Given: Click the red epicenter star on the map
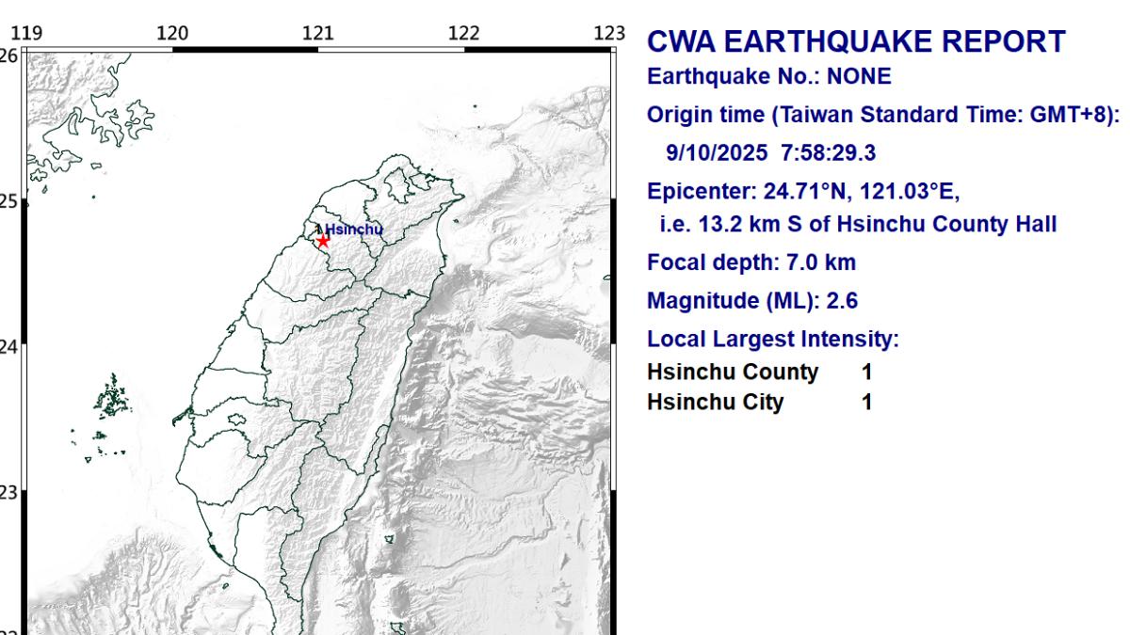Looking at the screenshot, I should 323,241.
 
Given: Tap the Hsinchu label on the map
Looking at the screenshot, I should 354,229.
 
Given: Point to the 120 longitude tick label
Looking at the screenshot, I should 172,34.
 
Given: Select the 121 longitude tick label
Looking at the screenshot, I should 318,34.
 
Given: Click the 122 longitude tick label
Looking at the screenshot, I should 464,34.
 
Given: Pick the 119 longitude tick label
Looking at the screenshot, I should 28,34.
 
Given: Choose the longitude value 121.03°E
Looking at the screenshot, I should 909,193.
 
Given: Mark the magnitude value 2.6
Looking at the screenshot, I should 842,301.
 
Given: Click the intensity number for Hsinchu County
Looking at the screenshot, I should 866,372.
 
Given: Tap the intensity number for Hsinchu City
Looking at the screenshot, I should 866,403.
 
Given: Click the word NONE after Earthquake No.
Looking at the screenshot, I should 859,77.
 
